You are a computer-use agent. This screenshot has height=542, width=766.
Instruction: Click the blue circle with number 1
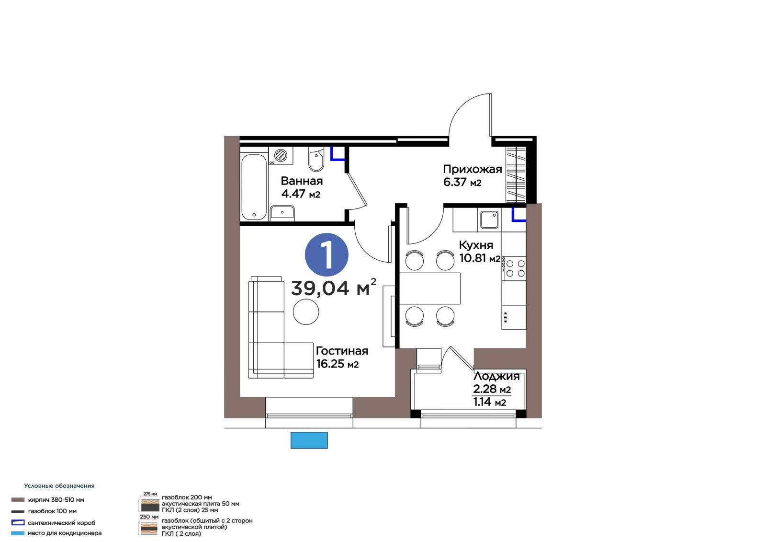tap(327, 254)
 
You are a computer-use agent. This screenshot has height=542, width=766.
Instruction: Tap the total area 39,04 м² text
tap(333, 287)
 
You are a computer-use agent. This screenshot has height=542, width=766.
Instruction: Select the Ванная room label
tap(302, 181)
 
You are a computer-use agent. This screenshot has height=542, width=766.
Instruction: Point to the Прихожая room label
tap(472, 169)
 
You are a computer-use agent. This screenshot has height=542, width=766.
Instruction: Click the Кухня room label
tap(476, 245)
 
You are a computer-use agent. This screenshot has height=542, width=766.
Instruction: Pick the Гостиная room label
tap(342, 351)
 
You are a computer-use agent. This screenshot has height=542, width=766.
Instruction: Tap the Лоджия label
tap(496, 376)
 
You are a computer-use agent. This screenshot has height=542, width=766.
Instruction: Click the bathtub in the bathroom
tap(254, 187)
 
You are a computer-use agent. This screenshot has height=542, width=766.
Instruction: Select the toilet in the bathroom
tap(316, 159)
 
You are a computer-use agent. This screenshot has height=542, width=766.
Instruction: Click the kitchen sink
tap(489, 219)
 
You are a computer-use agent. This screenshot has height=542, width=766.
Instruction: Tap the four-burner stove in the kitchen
tap(514, 268)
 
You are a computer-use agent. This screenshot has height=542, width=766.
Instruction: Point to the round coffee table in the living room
tap(306, 311)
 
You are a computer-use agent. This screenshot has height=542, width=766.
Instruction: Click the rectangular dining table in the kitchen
tap(429, 288)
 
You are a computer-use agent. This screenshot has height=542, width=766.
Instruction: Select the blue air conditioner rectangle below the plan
tap(309, 440)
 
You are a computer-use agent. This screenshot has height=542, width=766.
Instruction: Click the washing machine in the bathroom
tap(281, 156)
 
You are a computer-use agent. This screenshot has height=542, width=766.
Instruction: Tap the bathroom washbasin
tap(282, 213)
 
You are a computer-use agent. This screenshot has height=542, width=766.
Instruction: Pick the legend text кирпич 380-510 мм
tap(56, 500)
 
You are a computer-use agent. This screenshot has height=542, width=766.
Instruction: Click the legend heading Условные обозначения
tap(59, 485)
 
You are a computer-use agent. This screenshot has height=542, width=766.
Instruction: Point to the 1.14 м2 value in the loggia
tap(489, 402)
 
